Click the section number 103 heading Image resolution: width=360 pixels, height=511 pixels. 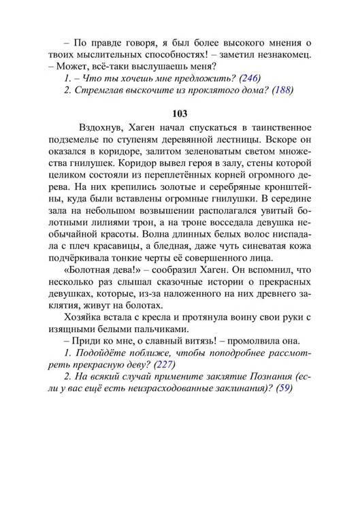180,113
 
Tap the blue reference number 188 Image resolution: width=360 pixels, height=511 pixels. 282,92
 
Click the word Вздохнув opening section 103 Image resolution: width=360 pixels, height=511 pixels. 101,127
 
